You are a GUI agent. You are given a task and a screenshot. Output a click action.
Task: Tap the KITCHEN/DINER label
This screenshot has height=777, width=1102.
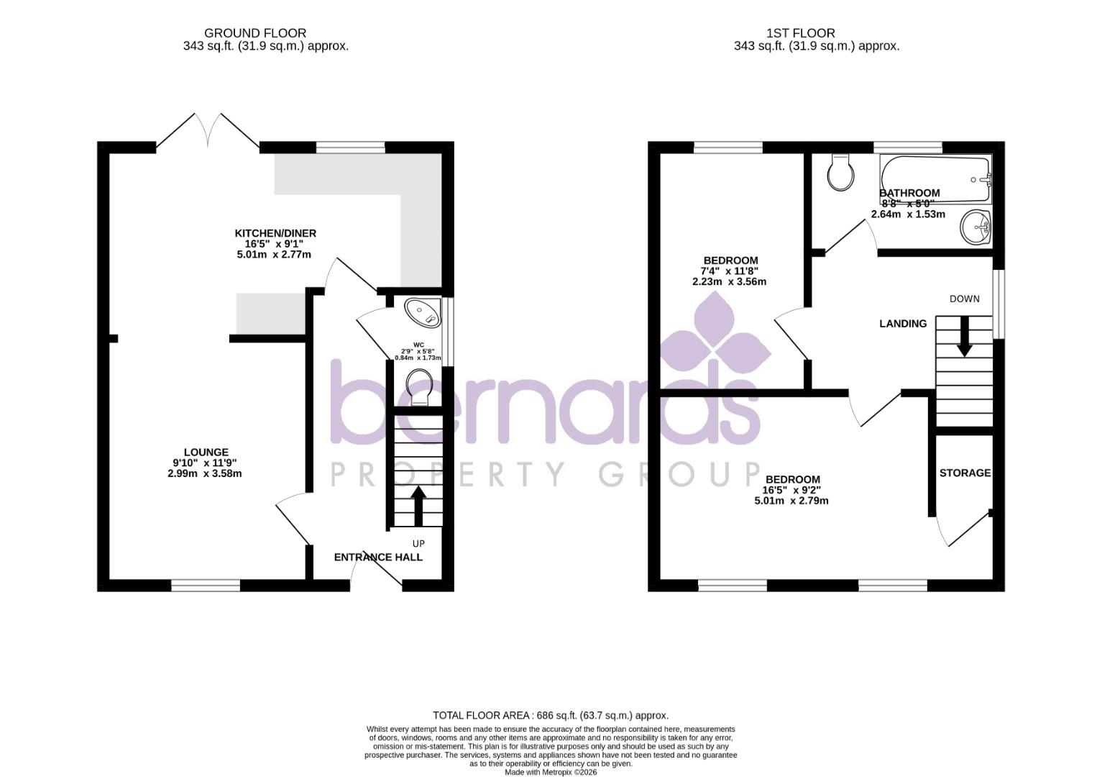(x=275, y=233)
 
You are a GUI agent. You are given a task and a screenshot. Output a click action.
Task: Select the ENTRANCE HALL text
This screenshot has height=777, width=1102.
(x=378, y=557)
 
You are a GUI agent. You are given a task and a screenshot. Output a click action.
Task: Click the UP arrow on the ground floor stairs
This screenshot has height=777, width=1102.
(x=417, y=506)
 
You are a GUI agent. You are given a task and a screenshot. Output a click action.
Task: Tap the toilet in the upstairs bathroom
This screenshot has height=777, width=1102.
(x=840, y=173)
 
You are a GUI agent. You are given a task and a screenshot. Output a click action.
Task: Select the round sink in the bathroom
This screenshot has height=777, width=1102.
(x=975, y=227)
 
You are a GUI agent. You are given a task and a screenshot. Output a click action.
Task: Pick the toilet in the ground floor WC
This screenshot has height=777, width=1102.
(x=418, y=386)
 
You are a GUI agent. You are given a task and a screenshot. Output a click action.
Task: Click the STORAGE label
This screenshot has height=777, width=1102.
(x=965, y=473)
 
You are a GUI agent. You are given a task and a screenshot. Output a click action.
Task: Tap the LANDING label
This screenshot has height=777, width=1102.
(x=903, y=324)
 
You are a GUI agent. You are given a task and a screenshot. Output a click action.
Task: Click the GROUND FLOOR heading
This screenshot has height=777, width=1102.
(x=255, y=33)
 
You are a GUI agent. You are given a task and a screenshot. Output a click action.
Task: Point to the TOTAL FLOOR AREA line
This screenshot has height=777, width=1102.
(x=551, y=715)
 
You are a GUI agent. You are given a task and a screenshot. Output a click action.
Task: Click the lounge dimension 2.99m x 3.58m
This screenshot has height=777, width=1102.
(x=205, y=473)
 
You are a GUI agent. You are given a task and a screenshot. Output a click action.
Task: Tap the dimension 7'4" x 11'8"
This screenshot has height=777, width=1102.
(x=730, y=271)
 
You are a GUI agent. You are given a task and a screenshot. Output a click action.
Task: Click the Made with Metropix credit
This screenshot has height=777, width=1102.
(x=551, y=772)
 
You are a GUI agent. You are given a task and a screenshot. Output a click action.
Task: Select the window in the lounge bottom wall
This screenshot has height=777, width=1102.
(x=206, y=586)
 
